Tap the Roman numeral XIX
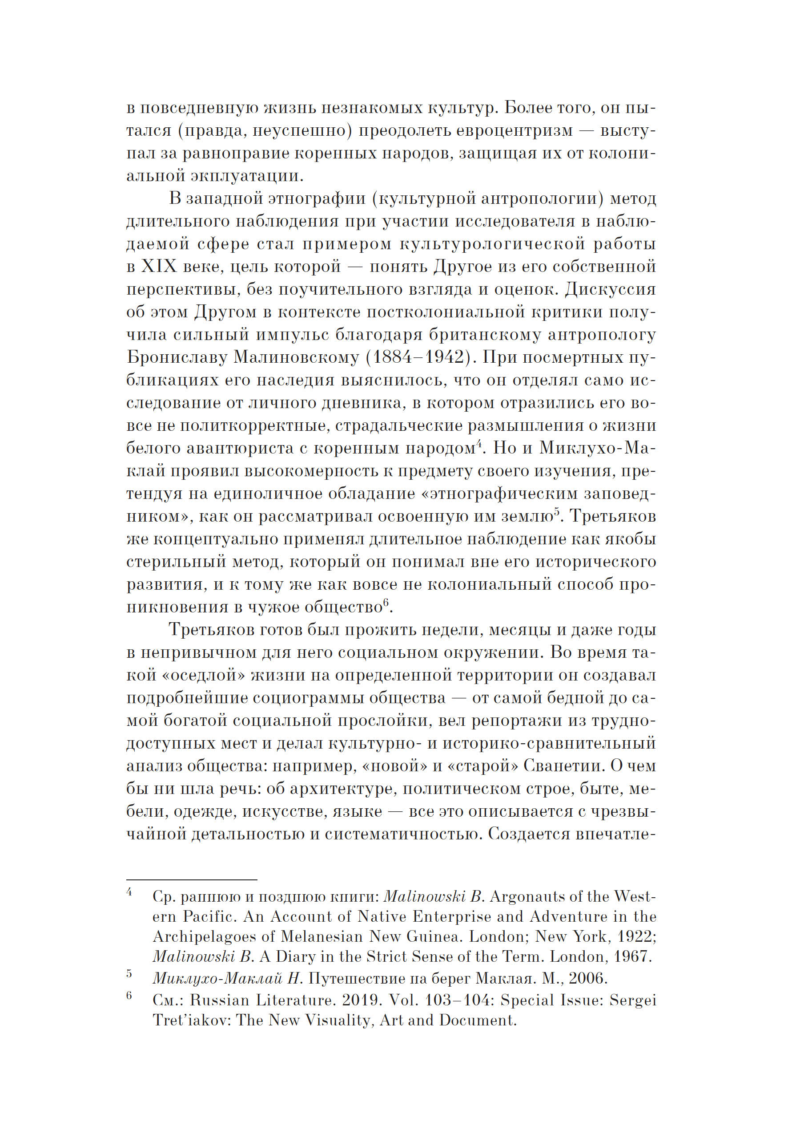tap(159, 267)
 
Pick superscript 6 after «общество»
tap(386, 603)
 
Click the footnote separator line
tap(192, 879)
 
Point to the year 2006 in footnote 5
tap(588, 978)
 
